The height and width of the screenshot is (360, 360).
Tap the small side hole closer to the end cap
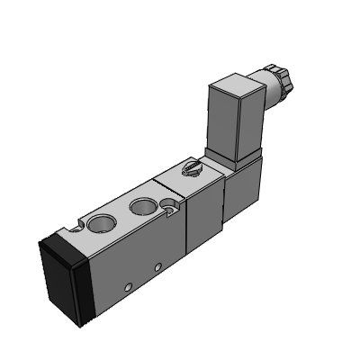tap(127, 287)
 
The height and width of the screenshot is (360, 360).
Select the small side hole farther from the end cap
tap(158, 267)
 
